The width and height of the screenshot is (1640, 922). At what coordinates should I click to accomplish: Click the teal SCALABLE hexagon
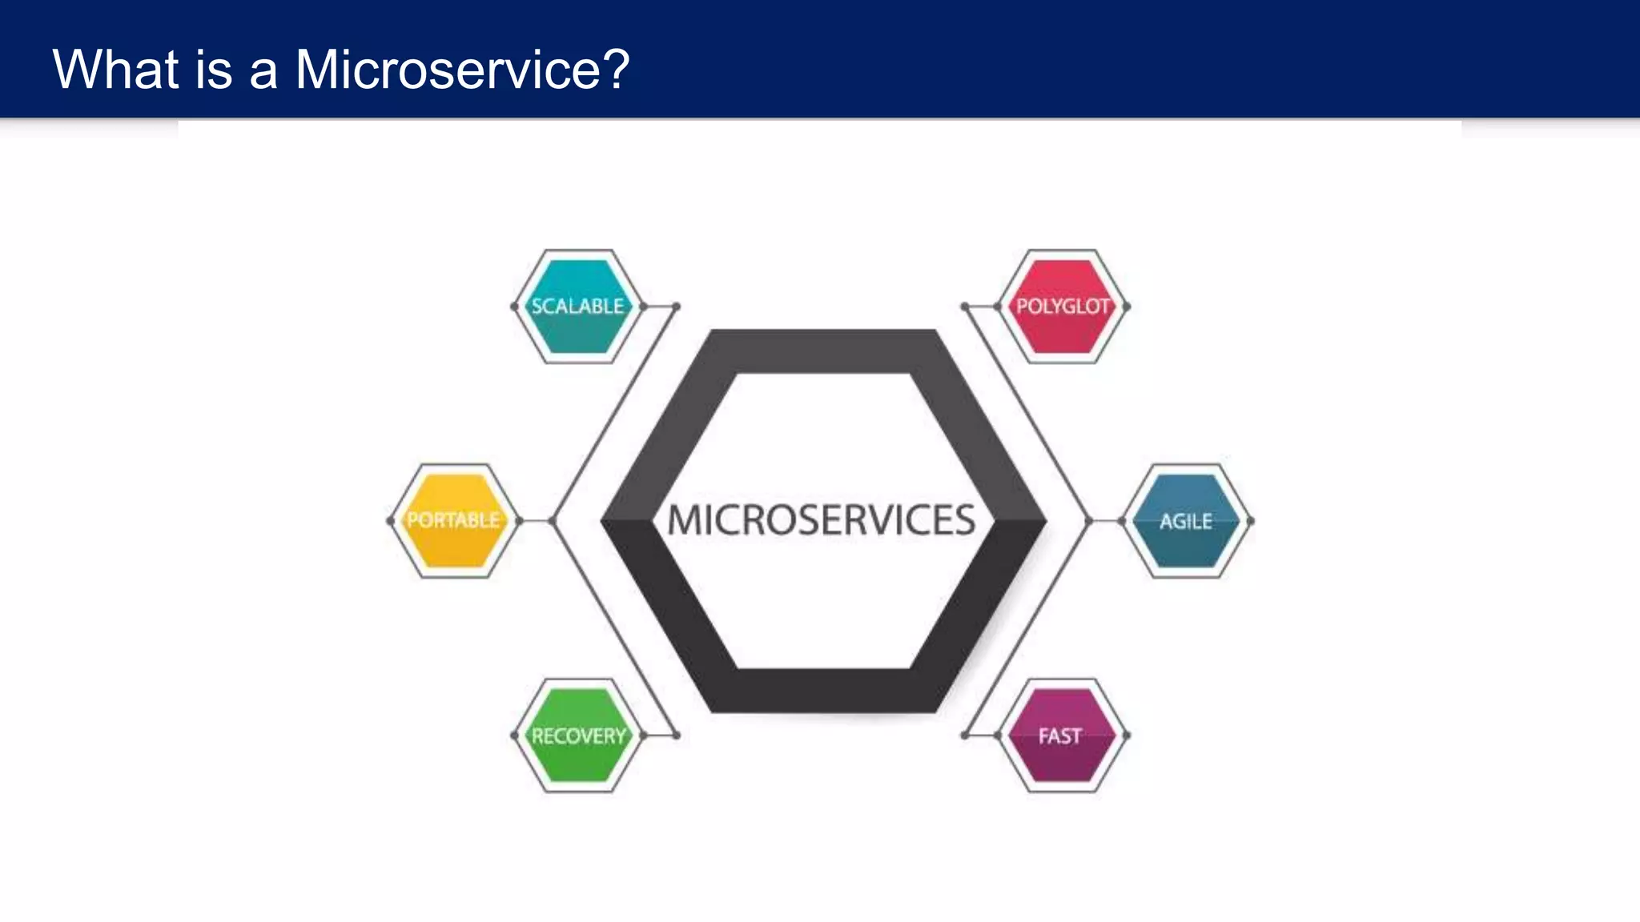578,307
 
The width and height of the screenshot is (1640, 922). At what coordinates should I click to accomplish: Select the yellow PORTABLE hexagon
454,520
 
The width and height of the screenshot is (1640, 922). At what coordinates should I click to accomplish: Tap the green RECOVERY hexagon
578,736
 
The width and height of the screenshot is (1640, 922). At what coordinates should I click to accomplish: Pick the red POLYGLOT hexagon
1063,307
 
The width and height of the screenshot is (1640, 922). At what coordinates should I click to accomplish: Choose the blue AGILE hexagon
1187,521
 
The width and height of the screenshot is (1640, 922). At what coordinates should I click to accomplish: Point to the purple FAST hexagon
1061,736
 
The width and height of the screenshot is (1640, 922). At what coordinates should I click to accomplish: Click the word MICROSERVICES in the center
822,520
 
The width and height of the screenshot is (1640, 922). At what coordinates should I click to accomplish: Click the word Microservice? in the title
462,70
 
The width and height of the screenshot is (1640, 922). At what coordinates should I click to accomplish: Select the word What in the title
115,70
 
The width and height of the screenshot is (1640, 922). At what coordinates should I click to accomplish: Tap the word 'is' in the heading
213,70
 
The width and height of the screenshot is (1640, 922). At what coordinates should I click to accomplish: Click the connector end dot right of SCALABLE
677,307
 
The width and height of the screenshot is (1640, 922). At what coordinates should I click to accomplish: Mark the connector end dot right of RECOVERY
677,736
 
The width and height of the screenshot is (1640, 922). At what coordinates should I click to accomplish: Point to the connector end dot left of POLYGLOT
965,307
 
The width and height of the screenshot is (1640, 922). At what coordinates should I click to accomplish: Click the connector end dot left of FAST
965,736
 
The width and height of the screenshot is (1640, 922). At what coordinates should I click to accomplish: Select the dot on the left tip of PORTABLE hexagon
390,521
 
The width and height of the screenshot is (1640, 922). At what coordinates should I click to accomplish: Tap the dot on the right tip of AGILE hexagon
1251,521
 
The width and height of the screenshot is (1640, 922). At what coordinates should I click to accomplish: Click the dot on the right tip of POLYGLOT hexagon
1127,307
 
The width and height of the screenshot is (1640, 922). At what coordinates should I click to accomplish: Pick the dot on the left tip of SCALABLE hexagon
514,307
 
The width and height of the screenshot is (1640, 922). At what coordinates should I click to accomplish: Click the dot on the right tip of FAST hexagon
1127,736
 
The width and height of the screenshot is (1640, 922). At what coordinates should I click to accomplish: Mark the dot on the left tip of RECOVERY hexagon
514,736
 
